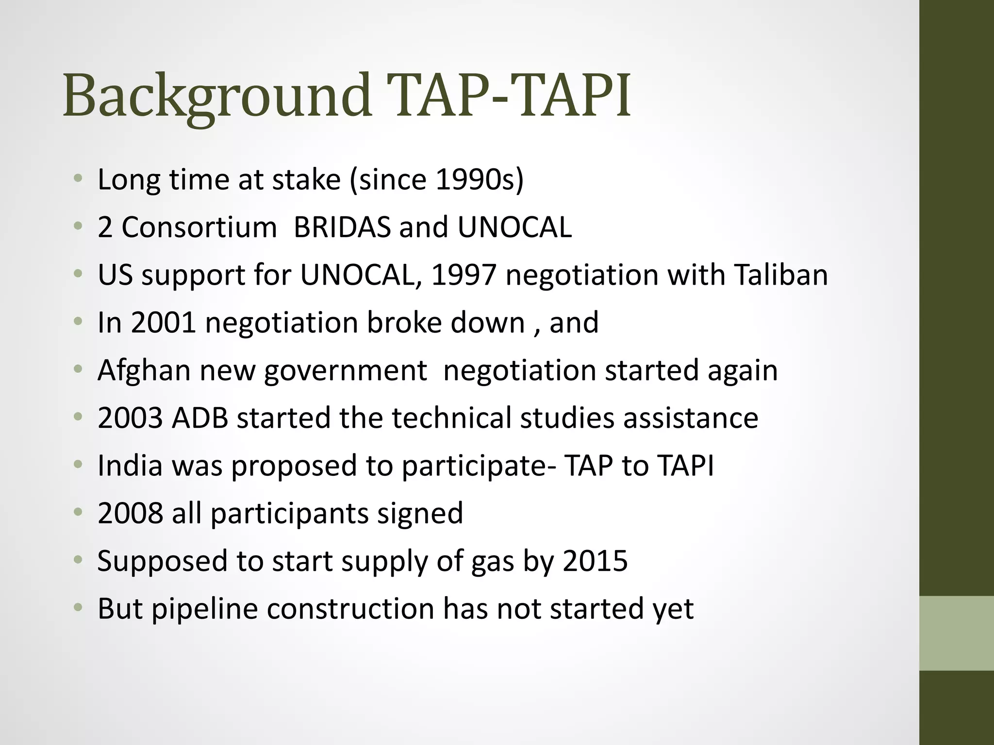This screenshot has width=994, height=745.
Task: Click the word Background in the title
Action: (216, 96)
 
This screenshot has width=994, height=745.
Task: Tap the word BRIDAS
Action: (342, 227)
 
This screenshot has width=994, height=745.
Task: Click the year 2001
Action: (163, 323)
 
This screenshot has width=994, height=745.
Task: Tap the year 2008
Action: (130, 513)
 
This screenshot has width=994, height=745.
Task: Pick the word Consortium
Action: (199, 227)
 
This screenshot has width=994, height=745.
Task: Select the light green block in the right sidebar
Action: (957, 633)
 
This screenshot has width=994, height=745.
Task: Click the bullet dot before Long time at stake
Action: (78, 179)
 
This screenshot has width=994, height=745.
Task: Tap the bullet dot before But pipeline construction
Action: (78, 608)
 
